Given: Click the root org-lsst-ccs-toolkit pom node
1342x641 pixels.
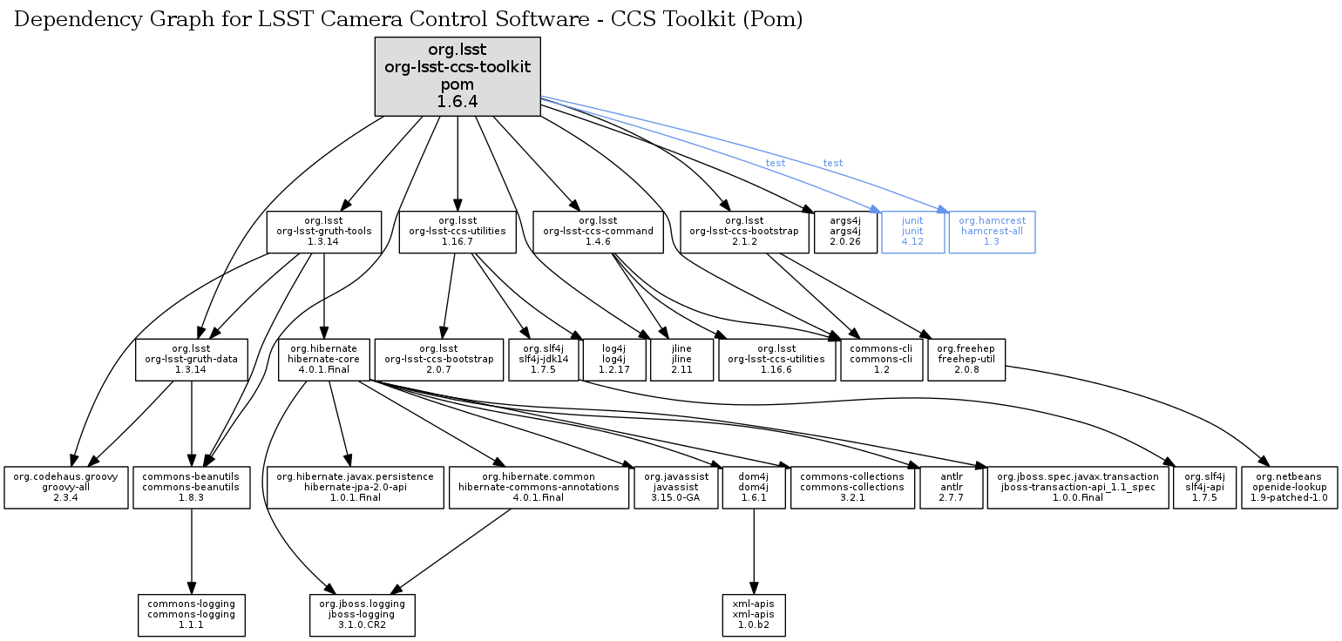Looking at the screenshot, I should pyautogui.click(x=457, y=76).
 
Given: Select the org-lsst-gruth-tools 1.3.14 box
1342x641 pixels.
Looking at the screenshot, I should pyautogui.click(x=323, y=232).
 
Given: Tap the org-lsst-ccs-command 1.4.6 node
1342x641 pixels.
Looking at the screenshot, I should pyautogui.click(x=598, y=232).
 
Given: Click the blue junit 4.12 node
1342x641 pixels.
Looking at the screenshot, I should pyautogui.click(x=912, y=232).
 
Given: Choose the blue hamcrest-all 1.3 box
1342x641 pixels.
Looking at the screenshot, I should pyautogui.click(x=992, y=232).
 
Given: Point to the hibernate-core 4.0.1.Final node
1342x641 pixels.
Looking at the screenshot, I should pyautogui.click(x=323, y=360).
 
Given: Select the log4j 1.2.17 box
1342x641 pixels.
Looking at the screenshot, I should pyautogui.click(x=613, y=360).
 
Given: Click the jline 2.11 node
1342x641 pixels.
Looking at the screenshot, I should pyautogui.click(x=681, y=360).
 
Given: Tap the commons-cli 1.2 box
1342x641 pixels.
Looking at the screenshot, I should pyautogui.click(x=880, y=360).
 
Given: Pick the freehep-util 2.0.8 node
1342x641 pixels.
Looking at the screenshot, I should pyautogui.click(x=966, y=360).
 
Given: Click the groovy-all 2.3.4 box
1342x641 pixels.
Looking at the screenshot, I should pyautogui.click(x=66, y=488).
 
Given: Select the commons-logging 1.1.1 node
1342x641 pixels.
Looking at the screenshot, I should pyautogui.click(x=192, y=615).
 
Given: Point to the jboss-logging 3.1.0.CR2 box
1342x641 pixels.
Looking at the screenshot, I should pyautogui.click(x=363, y=615).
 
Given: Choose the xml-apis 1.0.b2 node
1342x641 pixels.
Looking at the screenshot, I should pyautogui.click(x=754, y=615).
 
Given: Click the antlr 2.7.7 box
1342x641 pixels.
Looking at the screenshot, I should pyautogui.click(x=950, y=488).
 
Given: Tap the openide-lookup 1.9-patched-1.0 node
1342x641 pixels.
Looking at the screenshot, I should pyautogui.click(x=1290, y=488).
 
